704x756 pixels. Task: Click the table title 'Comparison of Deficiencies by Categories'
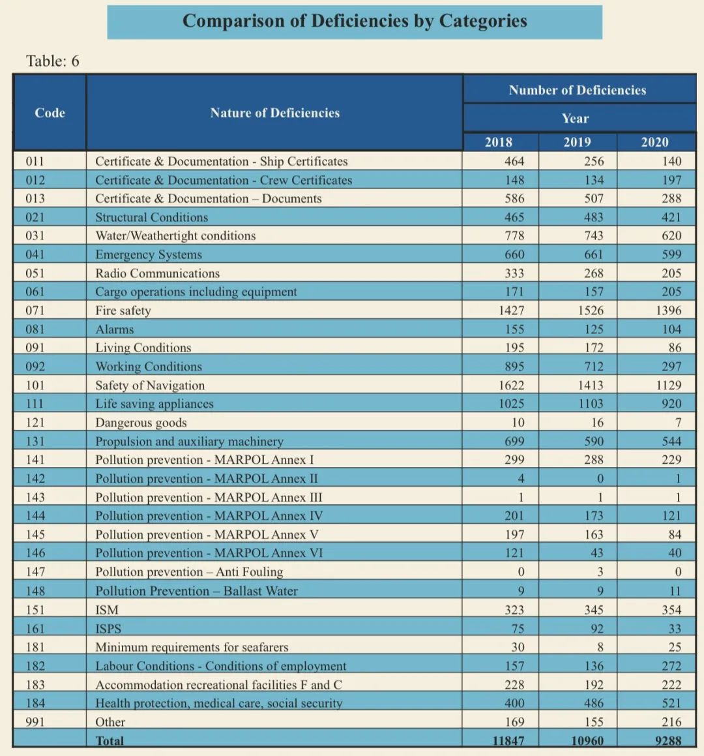click(x=355, y=22)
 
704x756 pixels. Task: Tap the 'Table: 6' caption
click(x=53, y=61)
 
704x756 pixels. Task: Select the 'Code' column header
click(x=50, y=113)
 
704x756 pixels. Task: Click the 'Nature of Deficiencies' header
click(x=274, y=113)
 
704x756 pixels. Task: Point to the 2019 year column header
click(x=578, y=142)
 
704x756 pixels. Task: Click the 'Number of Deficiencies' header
click(x=578, y=90)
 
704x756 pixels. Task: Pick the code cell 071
click(x=35, y=310)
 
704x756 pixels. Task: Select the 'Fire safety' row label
click(x=123, y=311)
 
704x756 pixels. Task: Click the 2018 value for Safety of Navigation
click(x=511, y=386)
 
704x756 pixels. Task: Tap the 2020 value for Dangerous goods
click(x=678, y=423)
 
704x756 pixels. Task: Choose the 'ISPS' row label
click(x=108, y=629)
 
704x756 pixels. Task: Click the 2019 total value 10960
click(x=587, y=741)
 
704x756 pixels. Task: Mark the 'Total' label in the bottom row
click(x=110, y=741)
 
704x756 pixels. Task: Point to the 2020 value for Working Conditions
click(x=671, y=367)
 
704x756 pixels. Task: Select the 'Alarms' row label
click(x=114, y=329)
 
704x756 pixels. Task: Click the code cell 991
click(x=35, y=722)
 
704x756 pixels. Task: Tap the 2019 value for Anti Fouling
click(x=600, y=572)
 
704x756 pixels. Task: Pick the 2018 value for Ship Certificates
click(x=514, y=162)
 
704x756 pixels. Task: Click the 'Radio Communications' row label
click(x=157, y=273)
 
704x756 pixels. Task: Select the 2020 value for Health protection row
click(x=671, y=703)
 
